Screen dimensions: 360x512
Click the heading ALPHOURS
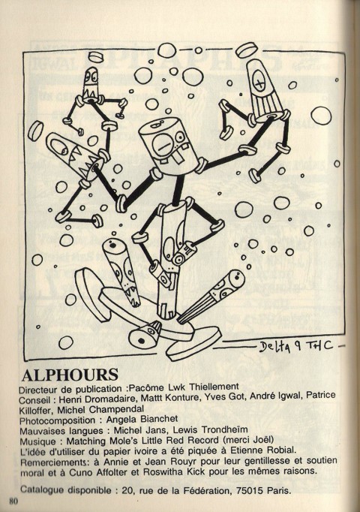pyautogui.click(x=70, y=375)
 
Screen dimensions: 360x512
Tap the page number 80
pyautogui.click(x=13, y=501)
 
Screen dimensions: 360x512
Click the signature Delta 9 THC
pyautogui.click(x=296, y=346)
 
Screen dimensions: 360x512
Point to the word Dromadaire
pyautogui.click(x=107, y=399)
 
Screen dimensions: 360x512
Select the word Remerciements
pyautogui.click(x=53, y=462)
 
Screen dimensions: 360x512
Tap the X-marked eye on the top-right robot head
pyautogui.click(x=260, y=81)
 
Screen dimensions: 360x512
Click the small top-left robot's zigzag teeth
pyautogui.click(x=90, y=94)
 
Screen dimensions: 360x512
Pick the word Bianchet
pyautogui.click(x=160, y=419)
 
